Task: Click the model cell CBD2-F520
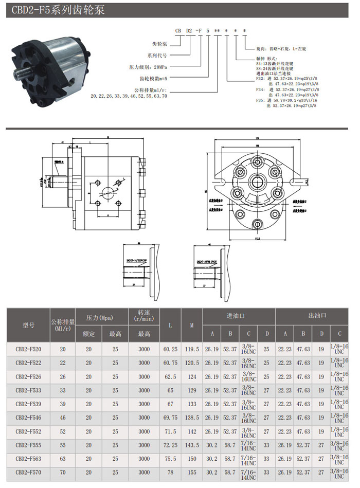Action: coord(28,349)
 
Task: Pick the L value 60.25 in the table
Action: coord(170,349)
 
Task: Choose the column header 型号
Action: coord(28,325)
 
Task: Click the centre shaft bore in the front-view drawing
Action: coord(258,182)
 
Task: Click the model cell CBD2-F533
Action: coord(28,390)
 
